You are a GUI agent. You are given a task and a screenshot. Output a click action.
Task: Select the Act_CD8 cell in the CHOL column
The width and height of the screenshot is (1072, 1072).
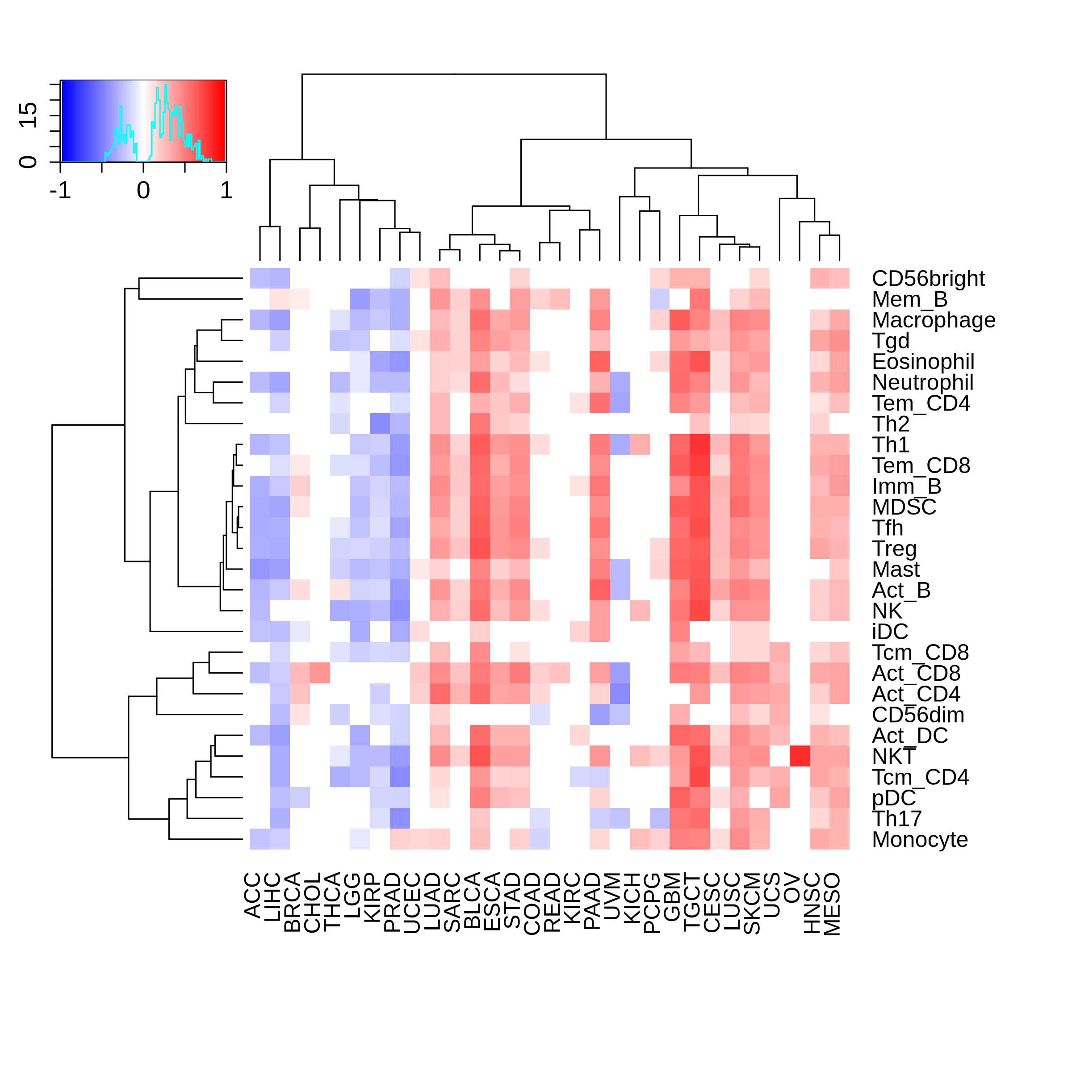(x=320, y=673)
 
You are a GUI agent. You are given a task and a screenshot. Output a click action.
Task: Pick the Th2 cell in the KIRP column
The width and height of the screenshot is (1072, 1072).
(x=380, y=424)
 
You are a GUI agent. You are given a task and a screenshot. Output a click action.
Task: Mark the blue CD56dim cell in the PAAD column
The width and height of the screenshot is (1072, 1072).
(x=600, y=715)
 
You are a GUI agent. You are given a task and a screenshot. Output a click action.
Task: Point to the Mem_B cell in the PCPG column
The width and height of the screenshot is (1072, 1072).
(x=660, y=299)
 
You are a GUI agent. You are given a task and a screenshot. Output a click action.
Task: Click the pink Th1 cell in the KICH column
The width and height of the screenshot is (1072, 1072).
(x=640, y=444)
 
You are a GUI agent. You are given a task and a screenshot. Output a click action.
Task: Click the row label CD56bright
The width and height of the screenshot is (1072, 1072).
(x=928, y=279)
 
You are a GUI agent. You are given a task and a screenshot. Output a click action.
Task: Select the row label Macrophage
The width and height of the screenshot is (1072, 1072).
(x=933, y=320)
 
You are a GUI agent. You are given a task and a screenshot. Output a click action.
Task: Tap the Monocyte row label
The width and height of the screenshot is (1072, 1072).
(x=919, y=840)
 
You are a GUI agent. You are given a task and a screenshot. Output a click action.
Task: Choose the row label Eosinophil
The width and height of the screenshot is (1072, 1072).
(x=923, y=362)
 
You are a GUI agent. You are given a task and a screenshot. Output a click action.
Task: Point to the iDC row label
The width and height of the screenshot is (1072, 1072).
(x=890, y=632)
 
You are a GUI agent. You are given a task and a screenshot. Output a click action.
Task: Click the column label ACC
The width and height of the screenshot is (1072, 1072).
(x=252, y=896)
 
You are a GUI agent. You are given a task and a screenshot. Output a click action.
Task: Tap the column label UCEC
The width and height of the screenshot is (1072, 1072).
(x=412, y=903)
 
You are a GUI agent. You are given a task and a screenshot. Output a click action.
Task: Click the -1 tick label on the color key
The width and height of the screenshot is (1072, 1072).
(x=60, y=191)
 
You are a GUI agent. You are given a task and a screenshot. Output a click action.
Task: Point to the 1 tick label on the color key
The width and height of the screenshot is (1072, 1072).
(x=226, y=191)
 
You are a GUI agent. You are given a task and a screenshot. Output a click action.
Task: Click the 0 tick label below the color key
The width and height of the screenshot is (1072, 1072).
(x=143, y=191)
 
